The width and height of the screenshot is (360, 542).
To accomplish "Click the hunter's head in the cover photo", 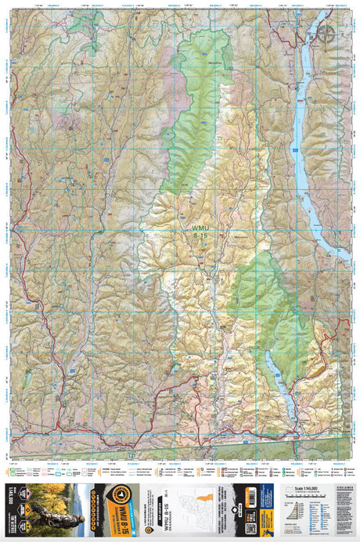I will click(x=48, y=496).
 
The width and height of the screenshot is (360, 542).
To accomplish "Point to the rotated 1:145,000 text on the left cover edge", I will click(x=10, y=512).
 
